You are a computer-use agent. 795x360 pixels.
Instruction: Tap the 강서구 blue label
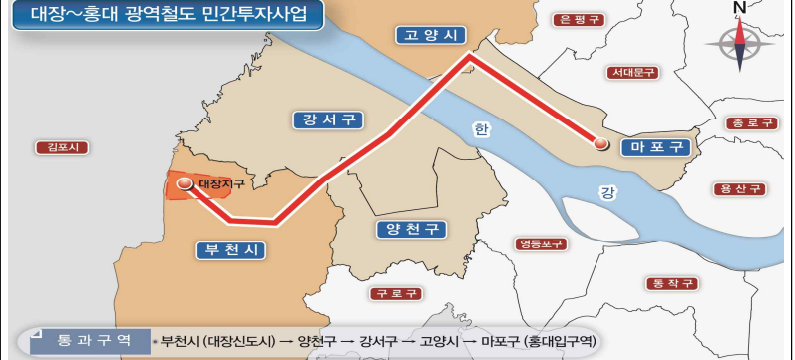[x=325, y=120]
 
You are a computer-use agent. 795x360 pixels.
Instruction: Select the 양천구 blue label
[x=411, y=229]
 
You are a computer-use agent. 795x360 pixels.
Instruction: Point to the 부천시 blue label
[x=229, y=249]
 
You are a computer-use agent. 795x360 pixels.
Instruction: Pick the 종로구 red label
[x=751, y=123]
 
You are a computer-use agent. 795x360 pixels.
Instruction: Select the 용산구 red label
[x=740, y=188]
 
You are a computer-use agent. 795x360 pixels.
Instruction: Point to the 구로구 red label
[x=396, y=294]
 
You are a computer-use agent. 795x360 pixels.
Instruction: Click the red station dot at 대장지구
[x=184, y=183]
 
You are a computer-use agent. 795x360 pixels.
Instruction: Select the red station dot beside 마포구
[x=600, y=144]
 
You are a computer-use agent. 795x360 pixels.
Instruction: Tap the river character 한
[x=483, y=129]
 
